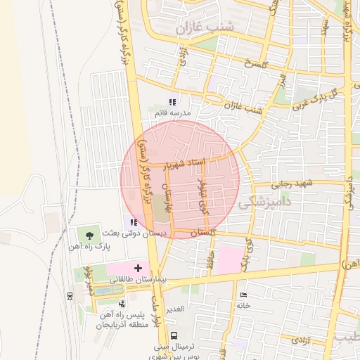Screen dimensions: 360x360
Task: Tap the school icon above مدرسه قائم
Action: [173, 102]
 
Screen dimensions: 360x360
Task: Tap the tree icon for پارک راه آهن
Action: [89, 235]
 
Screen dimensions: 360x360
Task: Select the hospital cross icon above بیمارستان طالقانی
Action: [138, 268]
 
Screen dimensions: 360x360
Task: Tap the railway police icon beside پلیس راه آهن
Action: [122, 304]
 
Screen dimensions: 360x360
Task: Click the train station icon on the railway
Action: [70, 296]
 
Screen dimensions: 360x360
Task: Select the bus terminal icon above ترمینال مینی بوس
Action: [174, 335]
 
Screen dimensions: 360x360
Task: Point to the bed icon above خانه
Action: [243, 294]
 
